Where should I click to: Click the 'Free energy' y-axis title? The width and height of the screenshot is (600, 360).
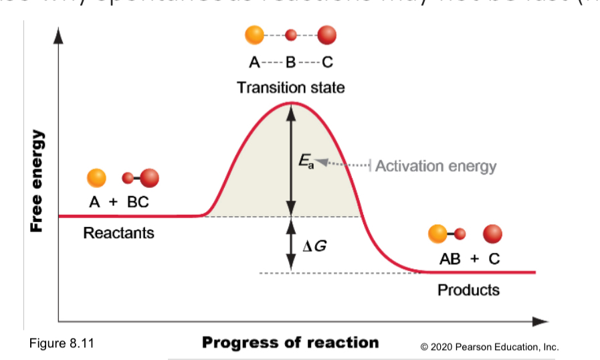[x=37, y=180]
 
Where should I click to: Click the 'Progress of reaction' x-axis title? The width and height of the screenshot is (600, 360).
[x=290, y=343]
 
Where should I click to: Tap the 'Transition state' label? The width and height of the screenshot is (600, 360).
[x=290, y=88]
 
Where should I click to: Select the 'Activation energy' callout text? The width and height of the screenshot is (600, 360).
[x=435, y=166]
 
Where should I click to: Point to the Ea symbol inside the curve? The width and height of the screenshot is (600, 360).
[x=306, y=161]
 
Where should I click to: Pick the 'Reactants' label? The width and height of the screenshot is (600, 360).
[x=118, y=233]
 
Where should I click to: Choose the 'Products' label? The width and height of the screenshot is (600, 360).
[x=468, y=290]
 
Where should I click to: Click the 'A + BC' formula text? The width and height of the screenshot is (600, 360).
[x=119, y=203]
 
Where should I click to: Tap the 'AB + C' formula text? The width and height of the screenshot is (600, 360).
[x=469, y=259]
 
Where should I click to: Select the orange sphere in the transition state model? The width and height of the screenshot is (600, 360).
[x=254, y=34]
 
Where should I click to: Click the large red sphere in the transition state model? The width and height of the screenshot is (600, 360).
[x=326, y=34]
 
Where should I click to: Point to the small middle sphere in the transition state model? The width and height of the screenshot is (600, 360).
[x=290, y=34]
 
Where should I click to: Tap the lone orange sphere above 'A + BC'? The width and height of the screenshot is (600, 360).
[x=96, y=178]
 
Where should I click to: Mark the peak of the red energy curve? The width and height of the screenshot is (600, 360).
[x=290, y=102]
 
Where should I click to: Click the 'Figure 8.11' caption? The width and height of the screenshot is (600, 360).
[x=62, y=344]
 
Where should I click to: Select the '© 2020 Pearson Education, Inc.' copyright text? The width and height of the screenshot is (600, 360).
[x=489, y=347]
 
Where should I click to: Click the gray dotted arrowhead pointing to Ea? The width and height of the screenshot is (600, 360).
[x=321, y=161]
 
